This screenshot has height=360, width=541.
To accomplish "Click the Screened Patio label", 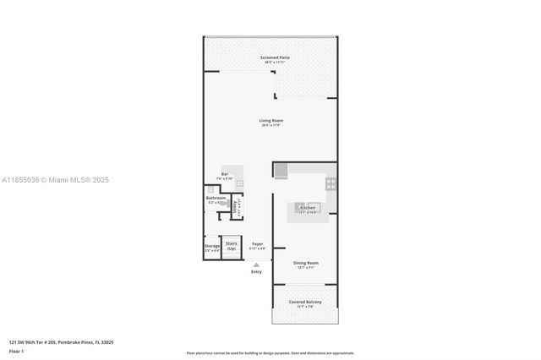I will [x=270, y=57].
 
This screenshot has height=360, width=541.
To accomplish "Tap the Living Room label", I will [x=270, y=120].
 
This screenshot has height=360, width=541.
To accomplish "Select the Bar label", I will [x=225, y=174].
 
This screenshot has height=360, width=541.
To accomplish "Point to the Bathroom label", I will [x=216, y=198].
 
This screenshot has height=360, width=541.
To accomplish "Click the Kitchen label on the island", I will [x=307, y=206].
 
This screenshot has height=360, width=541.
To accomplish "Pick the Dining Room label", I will [x=306, y=263].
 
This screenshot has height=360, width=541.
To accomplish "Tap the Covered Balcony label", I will [x=305, y=302].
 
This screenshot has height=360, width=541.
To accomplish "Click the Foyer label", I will [x=257, y=244].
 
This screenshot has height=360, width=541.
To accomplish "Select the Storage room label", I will [x=211, y=246].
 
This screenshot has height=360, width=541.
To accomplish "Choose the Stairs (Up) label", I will [x=231, y=246].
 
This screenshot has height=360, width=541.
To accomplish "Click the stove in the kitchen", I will [x=331, y=183].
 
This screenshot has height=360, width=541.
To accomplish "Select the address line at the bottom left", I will [x=61, y=342].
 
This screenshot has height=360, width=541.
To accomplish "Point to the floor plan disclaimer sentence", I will [x=270, y=352].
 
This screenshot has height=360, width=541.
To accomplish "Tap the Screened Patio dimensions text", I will [x=270, y=63].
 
